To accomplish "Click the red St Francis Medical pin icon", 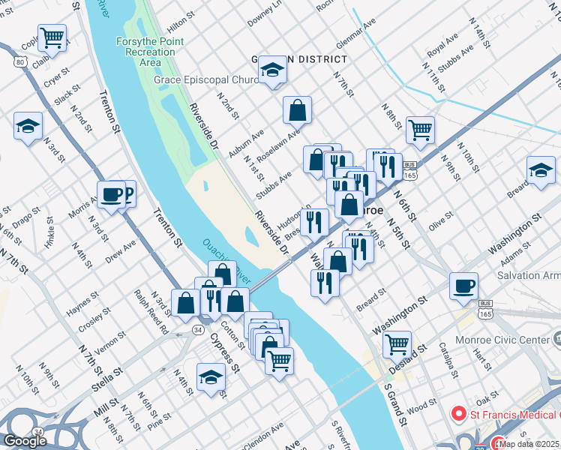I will point(457,414).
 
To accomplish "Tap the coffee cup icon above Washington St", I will point(463,286).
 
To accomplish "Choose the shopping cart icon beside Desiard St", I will point(397,344).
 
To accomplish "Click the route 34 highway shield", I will point(196,329).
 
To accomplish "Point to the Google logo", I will point(25,440).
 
